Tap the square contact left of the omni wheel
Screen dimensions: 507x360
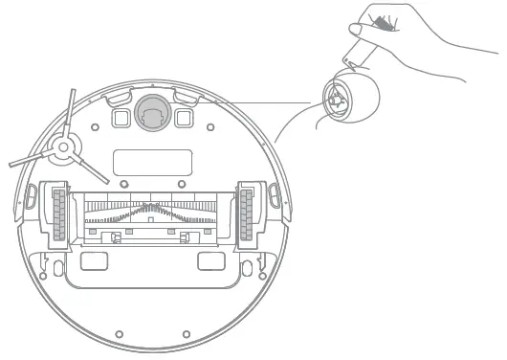[x=122, y=116]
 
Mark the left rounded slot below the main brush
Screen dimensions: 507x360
[x=94, y=259]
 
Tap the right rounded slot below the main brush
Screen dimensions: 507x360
[x=211, y=259]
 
